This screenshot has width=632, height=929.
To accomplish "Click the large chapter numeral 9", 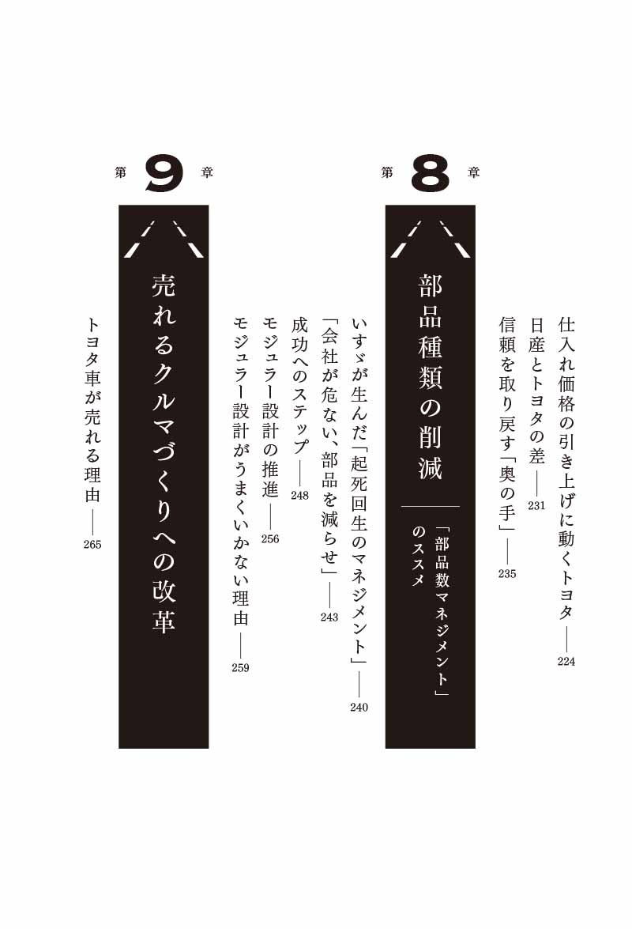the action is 164,174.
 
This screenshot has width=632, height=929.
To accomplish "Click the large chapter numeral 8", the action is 431,174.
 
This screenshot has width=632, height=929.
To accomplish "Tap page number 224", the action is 566,662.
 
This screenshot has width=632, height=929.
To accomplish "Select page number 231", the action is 536,506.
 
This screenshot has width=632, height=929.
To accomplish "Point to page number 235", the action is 507,573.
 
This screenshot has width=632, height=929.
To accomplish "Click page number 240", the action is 359,708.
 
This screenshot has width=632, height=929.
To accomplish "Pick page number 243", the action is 329,617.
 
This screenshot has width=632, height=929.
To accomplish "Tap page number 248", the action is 300,496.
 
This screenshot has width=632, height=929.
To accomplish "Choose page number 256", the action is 270,539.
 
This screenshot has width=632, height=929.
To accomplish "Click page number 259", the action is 241,668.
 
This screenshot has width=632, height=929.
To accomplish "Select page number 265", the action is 93,545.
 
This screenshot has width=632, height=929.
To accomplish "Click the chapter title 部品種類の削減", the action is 431,377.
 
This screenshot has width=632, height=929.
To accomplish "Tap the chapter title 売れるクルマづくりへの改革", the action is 164,455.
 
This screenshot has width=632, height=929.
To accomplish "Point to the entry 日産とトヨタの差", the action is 536,391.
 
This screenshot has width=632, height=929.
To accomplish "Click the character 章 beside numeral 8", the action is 473,173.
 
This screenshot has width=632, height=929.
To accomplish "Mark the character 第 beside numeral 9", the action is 121,173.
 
